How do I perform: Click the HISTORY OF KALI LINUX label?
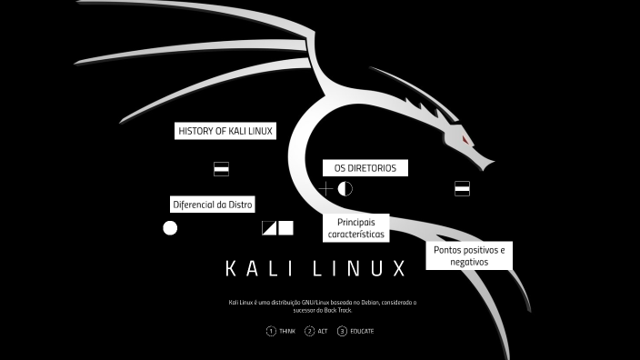click(x=225, y=131)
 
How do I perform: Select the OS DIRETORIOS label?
click(x=365, y=168)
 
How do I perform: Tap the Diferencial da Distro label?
click(x=213, y=204)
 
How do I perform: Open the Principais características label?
click(x=356, y=228)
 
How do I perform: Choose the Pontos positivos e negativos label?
click(x=469, y=255)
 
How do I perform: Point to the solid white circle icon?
click(x=170, y=228)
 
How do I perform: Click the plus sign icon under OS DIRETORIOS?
click(x=325, y=189)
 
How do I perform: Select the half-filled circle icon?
click(x=345, y=189)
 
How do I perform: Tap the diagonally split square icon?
click(x=269, y=228)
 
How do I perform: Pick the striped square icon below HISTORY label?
click(x=221, y=169)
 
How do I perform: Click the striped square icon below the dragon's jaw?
click(x=462, y=189)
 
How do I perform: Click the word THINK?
click(x=287, y=332)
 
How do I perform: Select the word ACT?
click(x=323, y=332)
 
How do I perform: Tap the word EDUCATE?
click(x=362, y=332)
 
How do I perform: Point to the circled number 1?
click(x=271, y=332)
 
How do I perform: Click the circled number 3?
click(x=342, y=332)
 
